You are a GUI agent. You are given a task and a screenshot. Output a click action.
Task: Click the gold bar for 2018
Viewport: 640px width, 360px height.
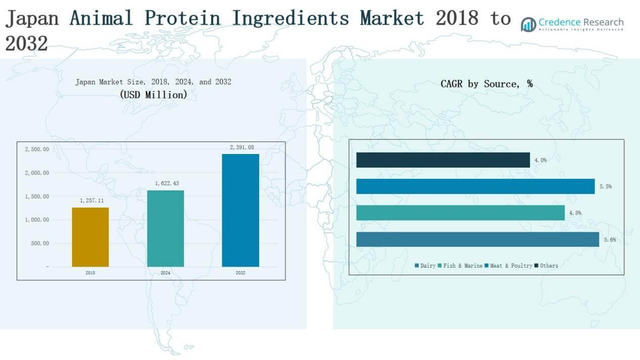click(90, 237)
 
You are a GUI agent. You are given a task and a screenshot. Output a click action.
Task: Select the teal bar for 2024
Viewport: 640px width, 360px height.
click(165, 228)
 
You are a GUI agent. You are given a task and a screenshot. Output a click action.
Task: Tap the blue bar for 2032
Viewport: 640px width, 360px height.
click(240, 211)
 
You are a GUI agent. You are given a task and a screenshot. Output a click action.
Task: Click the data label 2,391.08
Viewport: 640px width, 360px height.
click(242, 147)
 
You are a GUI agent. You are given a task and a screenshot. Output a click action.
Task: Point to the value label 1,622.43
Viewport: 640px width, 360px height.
click(167, 183)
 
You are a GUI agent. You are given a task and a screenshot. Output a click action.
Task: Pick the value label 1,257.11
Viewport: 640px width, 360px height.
click(92, 200)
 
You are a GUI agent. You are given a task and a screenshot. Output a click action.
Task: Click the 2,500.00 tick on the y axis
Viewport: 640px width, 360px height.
click(37, 149)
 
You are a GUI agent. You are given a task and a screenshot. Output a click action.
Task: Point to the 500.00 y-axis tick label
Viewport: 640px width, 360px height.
click(40, 243)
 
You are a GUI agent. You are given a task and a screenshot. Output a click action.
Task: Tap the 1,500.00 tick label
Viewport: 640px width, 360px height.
click(37, 196)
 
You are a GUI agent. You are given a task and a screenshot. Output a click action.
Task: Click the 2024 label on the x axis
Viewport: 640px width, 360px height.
click(165, 273)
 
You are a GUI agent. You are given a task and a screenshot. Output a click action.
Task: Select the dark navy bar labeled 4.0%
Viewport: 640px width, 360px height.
click(443, 160)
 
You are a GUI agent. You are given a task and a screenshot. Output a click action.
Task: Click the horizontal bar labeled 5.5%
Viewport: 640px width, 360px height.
click(475, 186)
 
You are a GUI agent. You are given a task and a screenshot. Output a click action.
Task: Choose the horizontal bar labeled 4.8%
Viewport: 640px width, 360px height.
click(460, 213)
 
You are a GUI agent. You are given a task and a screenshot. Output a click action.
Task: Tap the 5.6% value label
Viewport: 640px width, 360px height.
click(610, 240)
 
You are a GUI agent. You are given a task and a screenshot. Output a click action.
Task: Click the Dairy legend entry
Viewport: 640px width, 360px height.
click(425, 266)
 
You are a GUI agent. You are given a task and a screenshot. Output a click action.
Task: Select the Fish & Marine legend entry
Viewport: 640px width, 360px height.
click(460, 266)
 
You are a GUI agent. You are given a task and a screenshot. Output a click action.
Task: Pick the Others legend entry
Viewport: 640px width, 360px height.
click(546, 266)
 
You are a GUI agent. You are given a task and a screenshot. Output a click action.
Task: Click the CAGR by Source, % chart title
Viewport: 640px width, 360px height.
click(486, 84)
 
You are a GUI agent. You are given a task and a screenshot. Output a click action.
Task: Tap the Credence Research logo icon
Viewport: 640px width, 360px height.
click(528, 25)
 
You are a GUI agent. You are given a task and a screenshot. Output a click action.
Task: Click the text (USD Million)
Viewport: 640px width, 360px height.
click(154, 95)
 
